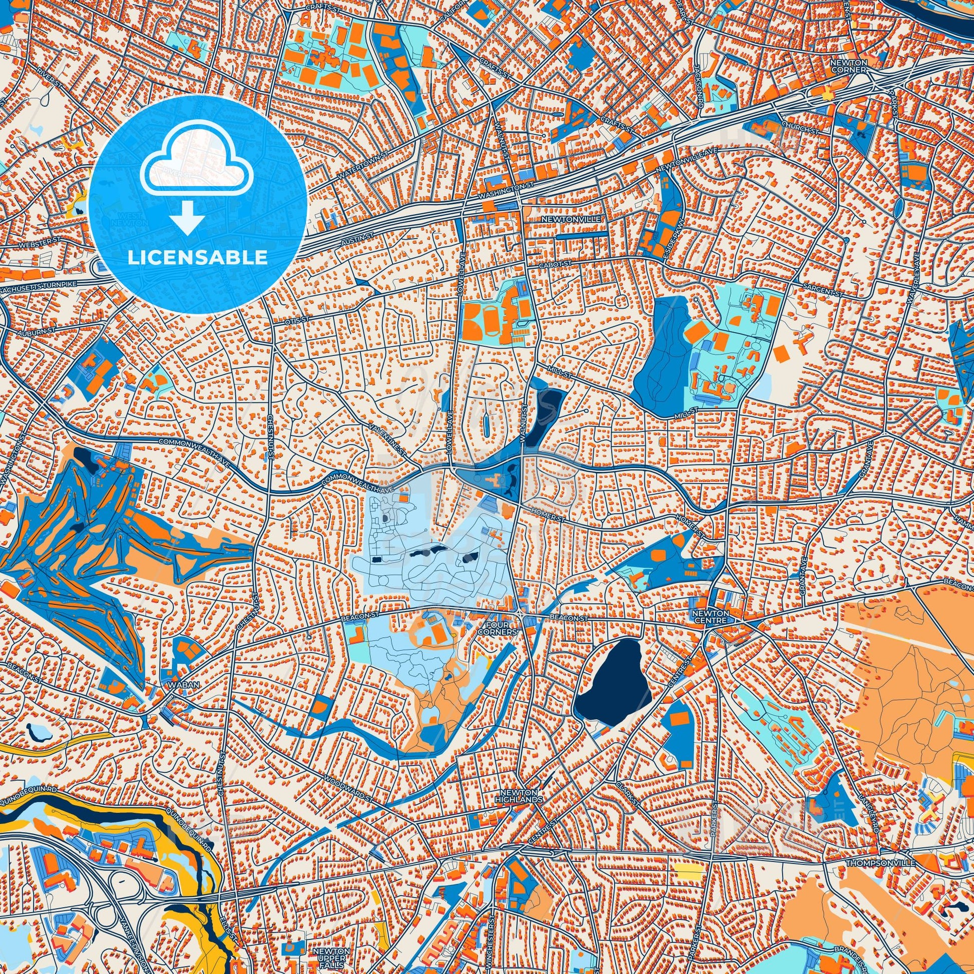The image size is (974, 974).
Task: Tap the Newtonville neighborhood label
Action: click(564, 220)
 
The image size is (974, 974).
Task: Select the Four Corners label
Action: click(497, 628)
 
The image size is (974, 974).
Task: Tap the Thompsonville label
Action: click(880, 863)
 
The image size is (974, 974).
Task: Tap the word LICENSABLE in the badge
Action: click(198, 257)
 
